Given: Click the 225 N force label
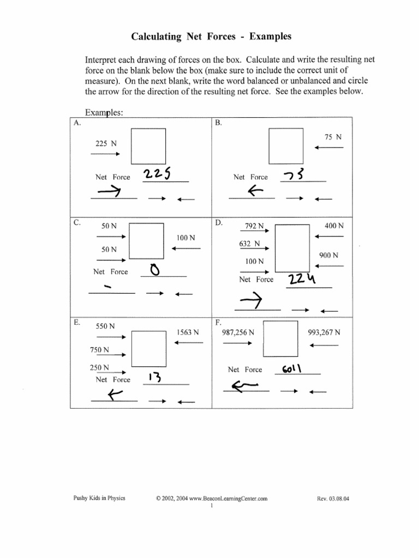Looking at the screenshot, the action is [106, 144].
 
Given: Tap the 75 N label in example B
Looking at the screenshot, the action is [333, 137].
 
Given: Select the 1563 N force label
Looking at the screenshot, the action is [188, 332].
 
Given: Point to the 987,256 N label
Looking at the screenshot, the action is [238, 332].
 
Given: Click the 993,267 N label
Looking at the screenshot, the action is [324, 332].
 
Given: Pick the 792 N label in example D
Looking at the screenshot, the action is [254, 226].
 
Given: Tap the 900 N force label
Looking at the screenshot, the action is [328, 255].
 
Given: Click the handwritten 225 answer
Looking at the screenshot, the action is [158, 174].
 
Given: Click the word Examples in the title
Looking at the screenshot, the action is [271, 37].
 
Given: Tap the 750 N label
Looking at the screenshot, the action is [99, 350].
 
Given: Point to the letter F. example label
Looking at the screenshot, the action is [218, 323].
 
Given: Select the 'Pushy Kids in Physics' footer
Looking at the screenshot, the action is [99, 498].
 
